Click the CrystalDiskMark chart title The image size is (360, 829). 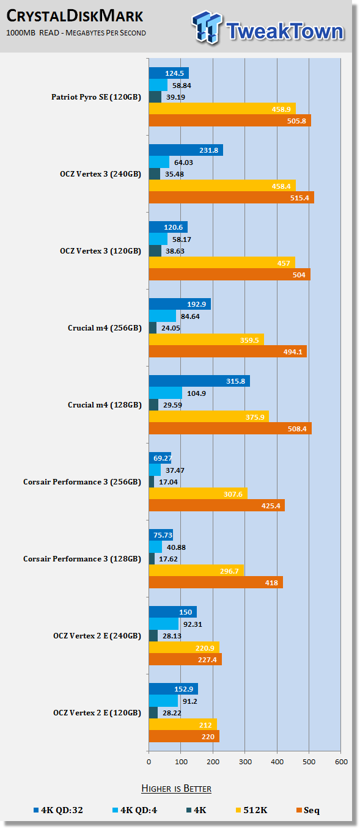(x=75, y=16)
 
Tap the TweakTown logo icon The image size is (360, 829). (x=207, y=27)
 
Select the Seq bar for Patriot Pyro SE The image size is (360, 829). (x=230, y=120)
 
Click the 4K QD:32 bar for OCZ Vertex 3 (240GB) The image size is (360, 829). (x=186, y=150)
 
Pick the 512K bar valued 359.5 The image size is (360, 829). (x=207, y=340)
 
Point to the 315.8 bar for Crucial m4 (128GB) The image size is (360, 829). (x=199, y=381)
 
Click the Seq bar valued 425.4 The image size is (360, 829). (x=216, y=506)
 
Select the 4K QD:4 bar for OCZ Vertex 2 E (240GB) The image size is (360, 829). (x=164, y=624)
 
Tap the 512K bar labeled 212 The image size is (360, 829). (x=183, y=725)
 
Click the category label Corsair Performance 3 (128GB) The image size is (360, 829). (x=83, y=559)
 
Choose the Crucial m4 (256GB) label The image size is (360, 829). (x=105, y=328)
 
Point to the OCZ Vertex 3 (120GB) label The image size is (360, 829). (x=100, y=251)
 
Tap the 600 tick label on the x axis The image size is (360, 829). (x=341, y=762)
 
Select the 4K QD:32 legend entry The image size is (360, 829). (x=58, y=810)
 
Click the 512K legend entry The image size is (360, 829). (x=251, y=810)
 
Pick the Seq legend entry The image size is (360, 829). (x=308, y=810)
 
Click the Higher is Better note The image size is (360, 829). (x=176, y=788)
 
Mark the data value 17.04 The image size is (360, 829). (x=168, y=482)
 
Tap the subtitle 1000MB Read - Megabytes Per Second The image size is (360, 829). (x=76, y=33)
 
